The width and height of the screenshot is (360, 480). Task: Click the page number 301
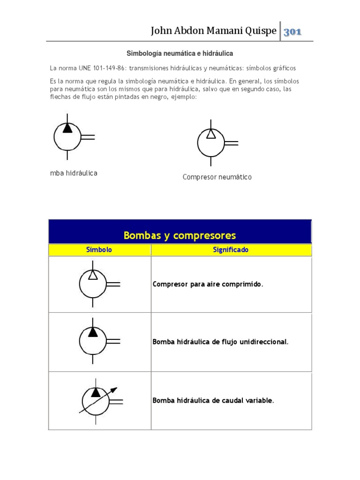coord(292,32)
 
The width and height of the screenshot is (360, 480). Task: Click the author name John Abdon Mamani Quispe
coord(213,31)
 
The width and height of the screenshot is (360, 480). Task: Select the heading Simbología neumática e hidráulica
coord(180,54)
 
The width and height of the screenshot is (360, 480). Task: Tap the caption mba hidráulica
coord(74,173)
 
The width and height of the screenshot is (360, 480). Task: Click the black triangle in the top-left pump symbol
coord(67,128)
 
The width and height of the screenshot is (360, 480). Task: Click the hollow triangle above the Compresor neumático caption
coord(211,134)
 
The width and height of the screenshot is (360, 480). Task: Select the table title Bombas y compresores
coord(180,235)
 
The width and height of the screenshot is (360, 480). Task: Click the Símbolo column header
coord(99,250)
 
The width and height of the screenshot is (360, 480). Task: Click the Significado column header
coord(231,250)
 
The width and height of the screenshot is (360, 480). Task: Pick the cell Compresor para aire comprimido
coord(208,284)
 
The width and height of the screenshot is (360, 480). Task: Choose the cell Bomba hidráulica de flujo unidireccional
coord(220,342)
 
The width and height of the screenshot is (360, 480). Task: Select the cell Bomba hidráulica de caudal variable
coord(213,401)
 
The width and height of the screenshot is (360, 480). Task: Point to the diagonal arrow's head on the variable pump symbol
coord(114,389)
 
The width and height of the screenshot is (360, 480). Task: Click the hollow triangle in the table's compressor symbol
coord(93,275)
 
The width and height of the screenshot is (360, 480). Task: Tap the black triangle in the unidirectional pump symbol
coord(93,332)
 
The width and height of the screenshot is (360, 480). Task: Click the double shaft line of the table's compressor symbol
coord(113,284)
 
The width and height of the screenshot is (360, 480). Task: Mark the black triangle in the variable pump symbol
coord(96,391)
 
